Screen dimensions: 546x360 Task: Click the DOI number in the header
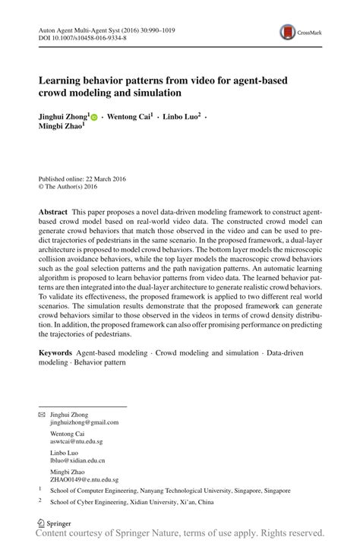coord(83,36)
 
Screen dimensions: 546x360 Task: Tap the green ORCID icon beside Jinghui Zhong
coord(94,118)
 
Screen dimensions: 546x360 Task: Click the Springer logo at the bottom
coord(49,523)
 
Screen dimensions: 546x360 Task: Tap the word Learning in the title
coord(67,80)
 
